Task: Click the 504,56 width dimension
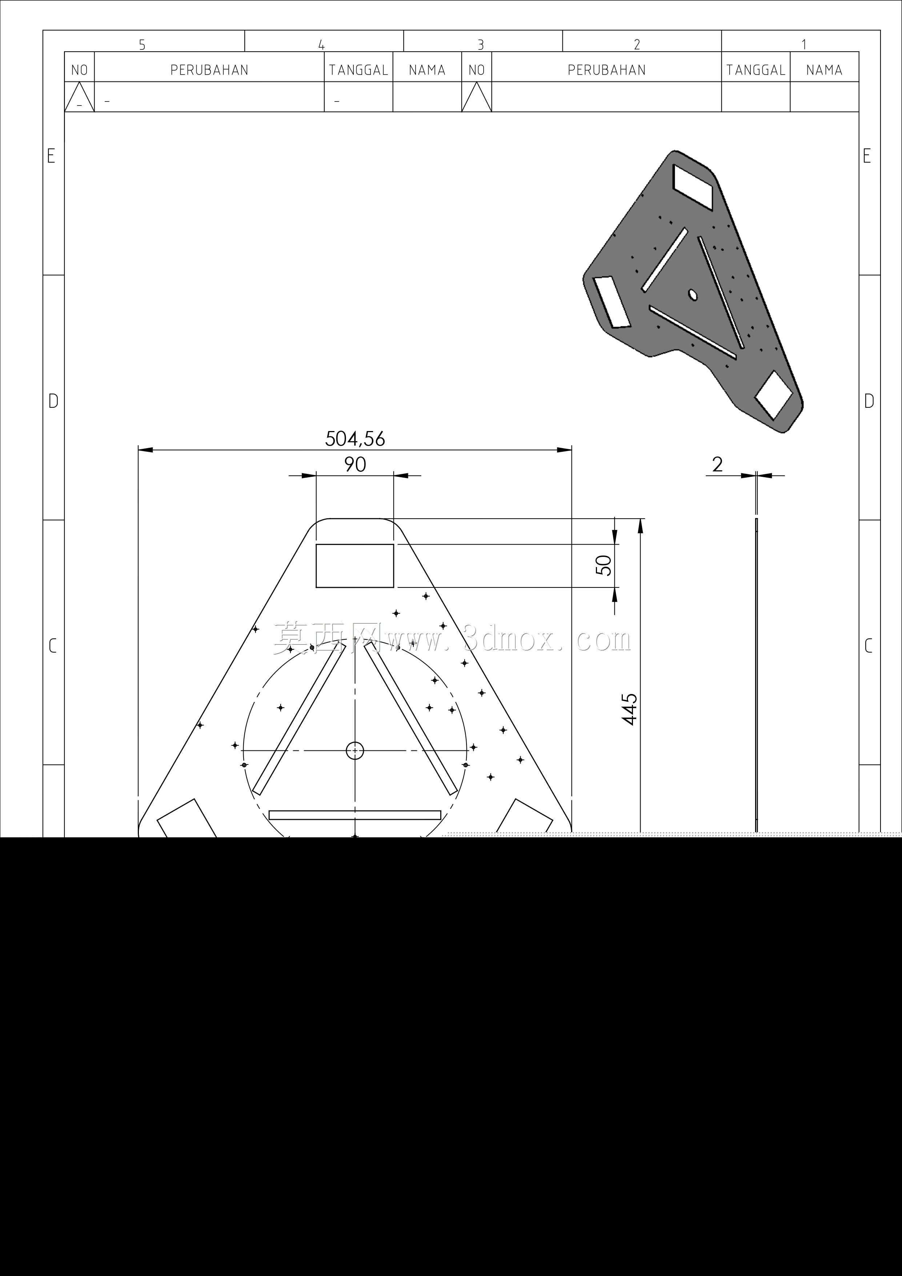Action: tap(355, 439)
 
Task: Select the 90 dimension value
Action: tap(355, 464)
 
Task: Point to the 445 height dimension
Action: tap(630, 709)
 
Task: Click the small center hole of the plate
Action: tap(355, 751)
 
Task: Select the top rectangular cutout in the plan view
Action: tap(355, 566)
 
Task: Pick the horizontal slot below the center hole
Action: tap(355, 815)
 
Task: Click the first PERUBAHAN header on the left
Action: tap(209, 70)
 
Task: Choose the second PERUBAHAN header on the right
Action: tap(606, 70)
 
